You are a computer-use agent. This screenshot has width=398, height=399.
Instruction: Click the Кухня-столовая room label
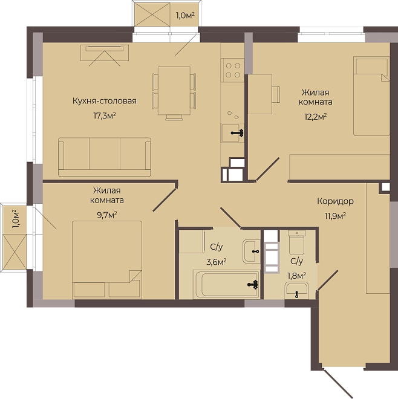(x=105, y=101)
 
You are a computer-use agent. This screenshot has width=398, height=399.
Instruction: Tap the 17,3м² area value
(x=105, y=116)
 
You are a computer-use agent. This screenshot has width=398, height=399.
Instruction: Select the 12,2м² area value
(x=316, y=117)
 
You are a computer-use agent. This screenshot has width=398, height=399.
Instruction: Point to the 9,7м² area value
(x=107, y=215)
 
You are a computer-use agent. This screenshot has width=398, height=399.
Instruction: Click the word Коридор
(x=335, y=201)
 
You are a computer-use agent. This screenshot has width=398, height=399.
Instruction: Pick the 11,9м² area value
(x=335, y=216)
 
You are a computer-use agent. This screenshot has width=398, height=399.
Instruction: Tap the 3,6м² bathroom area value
(x=217, y=262)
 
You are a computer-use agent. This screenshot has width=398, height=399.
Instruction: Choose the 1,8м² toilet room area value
(x=296, y=276)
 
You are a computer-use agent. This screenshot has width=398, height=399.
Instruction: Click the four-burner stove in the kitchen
(x=233, y=70)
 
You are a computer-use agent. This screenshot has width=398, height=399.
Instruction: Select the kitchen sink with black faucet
(x=232, y=132)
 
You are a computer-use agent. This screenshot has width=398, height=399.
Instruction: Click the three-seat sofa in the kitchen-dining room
(x=105, y=157)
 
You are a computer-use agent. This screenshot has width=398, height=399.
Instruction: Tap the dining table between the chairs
(x=174, y=91)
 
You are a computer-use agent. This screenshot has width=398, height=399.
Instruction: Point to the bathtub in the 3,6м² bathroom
(x=226, y=284)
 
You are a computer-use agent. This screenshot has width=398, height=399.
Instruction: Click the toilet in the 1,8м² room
(x=296, y=242)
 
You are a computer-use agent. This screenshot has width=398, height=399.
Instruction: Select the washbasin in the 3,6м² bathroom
(x=252, y=251)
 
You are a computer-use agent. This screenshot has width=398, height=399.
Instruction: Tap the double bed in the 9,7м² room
(x=107, y=259)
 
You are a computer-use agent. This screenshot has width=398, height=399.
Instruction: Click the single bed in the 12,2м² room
(x=371, y=96)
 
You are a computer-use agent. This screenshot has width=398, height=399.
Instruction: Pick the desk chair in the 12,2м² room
(x=276, y=94)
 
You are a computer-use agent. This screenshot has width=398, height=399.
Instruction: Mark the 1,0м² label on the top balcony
(x=185, y=16)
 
